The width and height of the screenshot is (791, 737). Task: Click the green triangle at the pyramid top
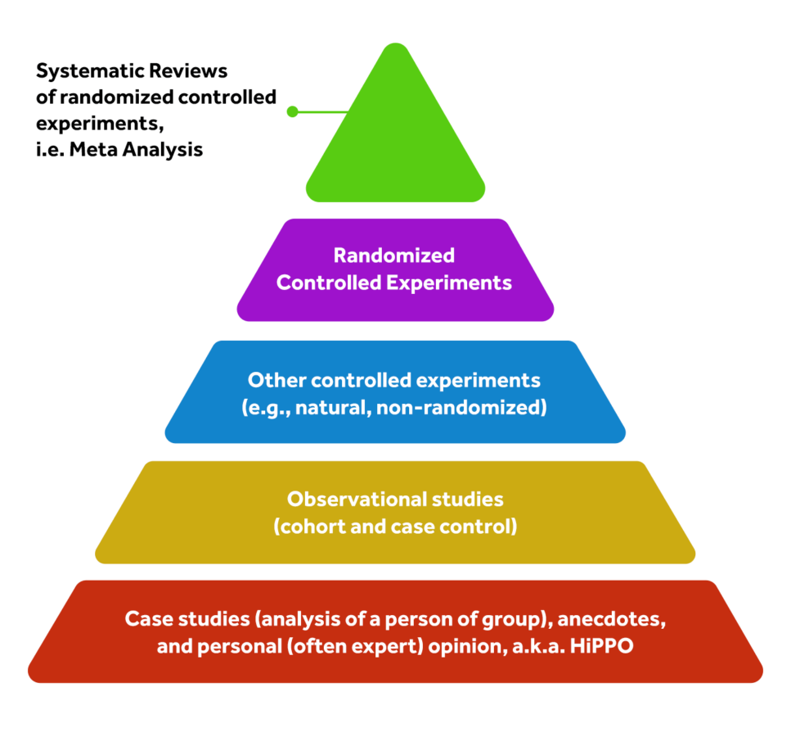(395, 139)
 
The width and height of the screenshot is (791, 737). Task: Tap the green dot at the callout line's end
(292, 111)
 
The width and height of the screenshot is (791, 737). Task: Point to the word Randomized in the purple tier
(394, 255)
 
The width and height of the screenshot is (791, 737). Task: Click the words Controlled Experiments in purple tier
(394, 283)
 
